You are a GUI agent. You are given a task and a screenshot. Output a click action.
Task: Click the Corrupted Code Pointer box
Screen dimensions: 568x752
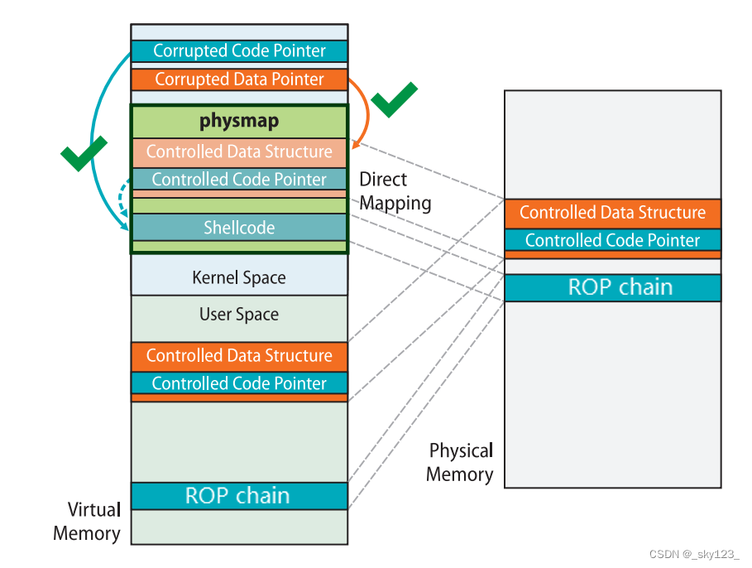pyautogui.click(x=239, y=51)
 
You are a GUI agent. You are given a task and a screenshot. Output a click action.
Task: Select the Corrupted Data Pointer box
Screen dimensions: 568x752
pyautogui.click(x=239, y=79)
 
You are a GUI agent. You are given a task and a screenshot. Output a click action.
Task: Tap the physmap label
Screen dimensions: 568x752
pyautogui.click(x=239, y=121)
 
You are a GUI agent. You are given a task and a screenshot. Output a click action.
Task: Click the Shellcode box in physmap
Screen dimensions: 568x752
pyautogui.click(x=239, y=228)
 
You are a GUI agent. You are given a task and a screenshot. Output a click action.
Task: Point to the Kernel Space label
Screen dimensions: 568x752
pyautogui.click(x=239, y=277)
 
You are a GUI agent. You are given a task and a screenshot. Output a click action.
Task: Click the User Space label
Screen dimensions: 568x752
pyautogui.click(x=239, y=315)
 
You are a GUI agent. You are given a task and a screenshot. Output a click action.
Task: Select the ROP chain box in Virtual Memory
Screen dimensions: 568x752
pyautogui.click(x=239, y=496)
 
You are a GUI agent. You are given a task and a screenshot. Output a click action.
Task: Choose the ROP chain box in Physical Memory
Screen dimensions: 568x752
pyautogui.click(x=612, y=287)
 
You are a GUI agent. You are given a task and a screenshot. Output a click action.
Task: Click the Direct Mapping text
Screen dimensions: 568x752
pyautogui.click(x=395, y=191)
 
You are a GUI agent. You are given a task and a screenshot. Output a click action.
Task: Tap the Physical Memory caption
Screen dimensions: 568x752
pyautogui.click(x=460, y=462)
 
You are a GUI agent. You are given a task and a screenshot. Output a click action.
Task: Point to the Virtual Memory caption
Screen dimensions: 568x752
pyautogui.click(x=87, y=521)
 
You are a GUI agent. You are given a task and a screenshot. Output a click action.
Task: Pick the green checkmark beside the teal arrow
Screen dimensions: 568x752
pyautogui.click(x=84, y=153)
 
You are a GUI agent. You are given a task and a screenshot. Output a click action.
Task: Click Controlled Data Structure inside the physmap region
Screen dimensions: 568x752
pyautogui.click(x=239, y=152)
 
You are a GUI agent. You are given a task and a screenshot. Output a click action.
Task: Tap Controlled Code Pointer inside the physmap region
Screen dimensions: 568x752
pyautogui.click(x=239, y=180)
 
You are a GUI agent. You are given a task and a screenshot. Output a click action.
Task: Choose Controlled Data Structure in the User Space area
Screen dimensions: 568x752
pyautogui.click(x=239, y=356)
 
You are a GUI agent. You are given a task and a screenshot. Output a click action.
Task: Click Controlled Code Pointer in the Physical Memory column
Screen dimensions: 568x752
pyautogui.click(x=612, y=240)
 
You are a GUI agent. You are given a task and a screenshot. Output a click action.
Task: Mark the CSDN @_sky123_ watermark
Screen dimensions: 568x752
pyautogui.click(x=694, y=554)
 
